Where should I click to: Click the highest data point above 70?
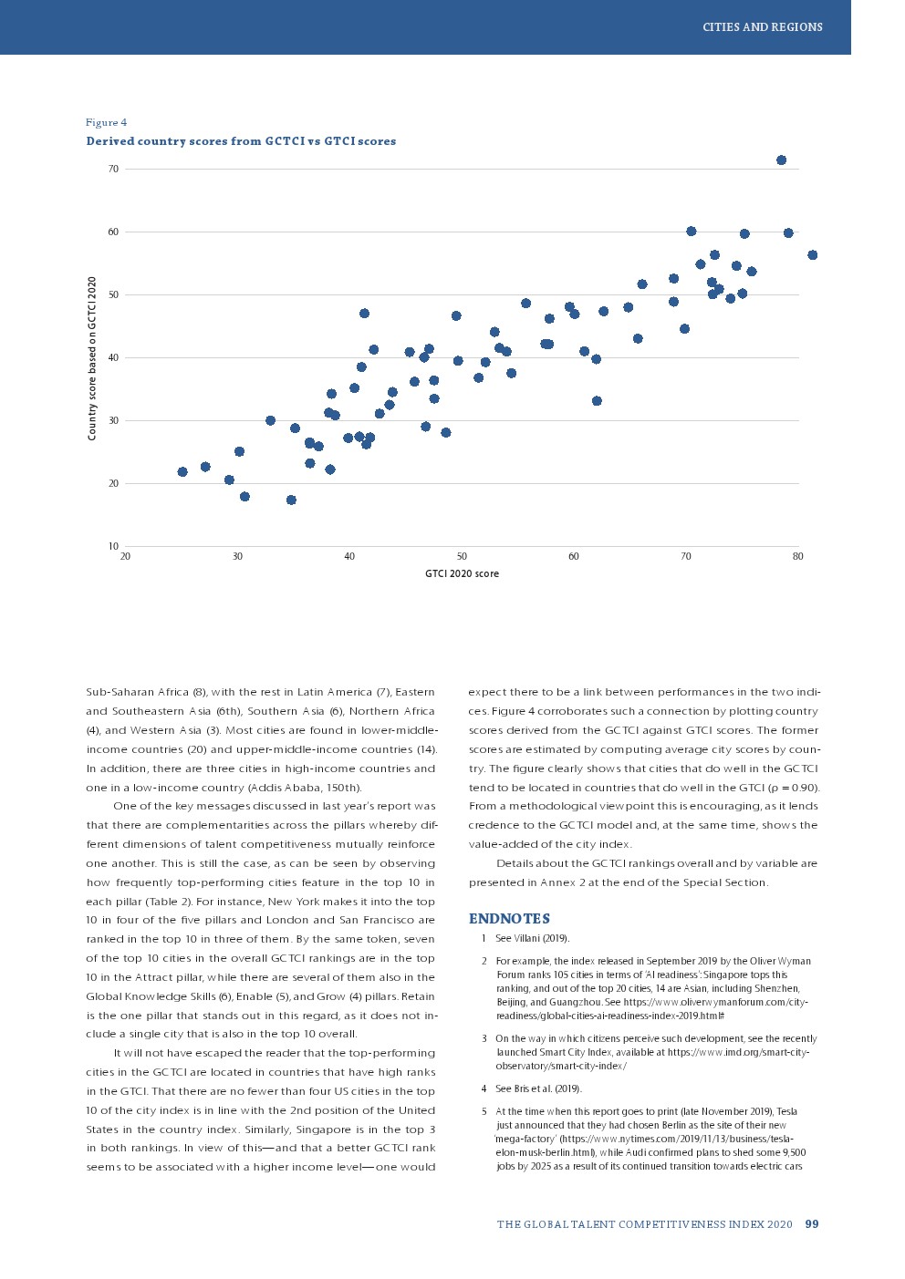[781, 160]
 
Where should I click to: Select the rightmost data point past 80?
[812, 255]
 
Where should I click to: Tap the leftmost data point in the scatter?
[182, 472]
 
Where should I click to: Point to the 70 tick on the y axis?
[113, 170]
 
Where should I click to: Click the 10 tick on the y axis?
[113, 546]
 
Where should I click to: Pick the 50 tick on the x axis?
[462, 556]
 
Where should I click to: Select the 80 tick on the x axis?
[797, 556]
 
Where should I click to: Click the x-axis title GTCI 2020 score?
[462, 574]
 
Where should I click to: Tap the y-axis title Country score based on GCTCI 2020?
[92, 358]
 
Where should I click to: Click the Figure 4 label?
[106, 122]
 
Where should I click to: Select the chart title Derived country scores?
[241, 141]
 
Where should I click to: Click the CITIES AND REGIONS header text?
[762, 27]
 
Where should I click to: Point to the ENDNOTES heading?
[509, 919]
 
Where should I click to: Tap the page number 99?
[812, 1224]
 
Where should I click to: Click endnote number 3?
[484, 1038]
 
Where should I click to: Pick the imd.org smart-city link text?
[739, 1052]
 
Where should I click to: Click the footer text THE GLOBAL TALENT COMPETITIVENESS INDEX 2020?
[644, 1224]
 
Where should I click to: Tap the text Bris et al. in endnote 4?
[524, 1088]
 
